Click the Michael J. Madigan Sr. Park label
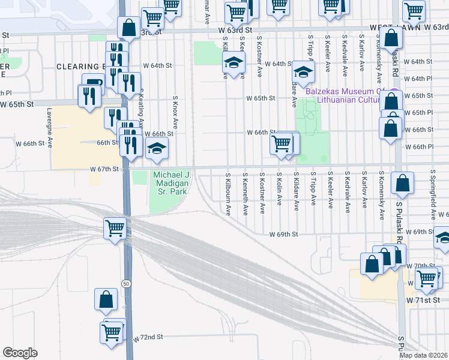pos(171,183)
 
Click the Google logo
pos(20,353)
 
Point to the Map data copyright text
pos(424,355)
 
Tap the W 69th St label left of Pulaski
pos(284,234)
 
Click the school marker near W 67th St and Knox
pos(157,148)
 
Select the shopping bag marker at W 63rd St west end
pos(128,26)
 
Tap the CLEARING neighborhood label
pos(77,67)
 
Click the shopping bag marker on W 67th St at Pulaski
pos(402,183)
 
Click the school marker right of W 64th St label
pos(304,71)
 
